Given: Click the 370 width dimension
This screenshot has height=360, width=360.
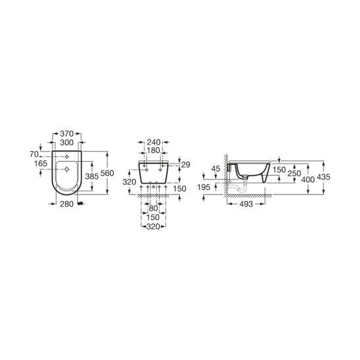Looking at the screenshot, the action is (x=66, y=133).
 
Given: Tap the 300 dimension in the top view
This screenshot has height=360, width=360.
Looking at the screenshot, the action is (x=66, y=143).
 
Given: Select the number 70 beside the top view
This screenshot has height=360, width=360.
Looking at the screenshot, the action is (x=34, y=154).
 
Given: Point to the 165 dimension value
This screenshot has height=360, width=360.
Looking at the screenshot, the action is (x=41, y=164).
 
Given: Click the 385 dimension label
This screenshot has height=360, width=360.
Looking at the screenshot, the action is (x=91, y=176).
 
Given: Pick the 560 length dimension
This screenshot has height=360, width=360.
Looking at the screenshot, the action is (x=107, y=173).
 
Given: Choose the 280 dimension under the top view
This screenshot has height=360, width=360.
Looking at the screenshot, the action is (x=66, y=204).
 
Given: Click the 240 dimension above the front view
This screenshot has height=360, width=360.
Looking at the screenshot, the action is (x=153, y=143).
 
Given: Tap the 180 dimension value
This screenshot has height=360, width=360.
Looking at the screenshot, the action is (x=153, y=150).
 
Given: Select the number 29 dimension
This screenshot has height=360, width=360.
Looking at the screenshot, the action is (x=186, y=165).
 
